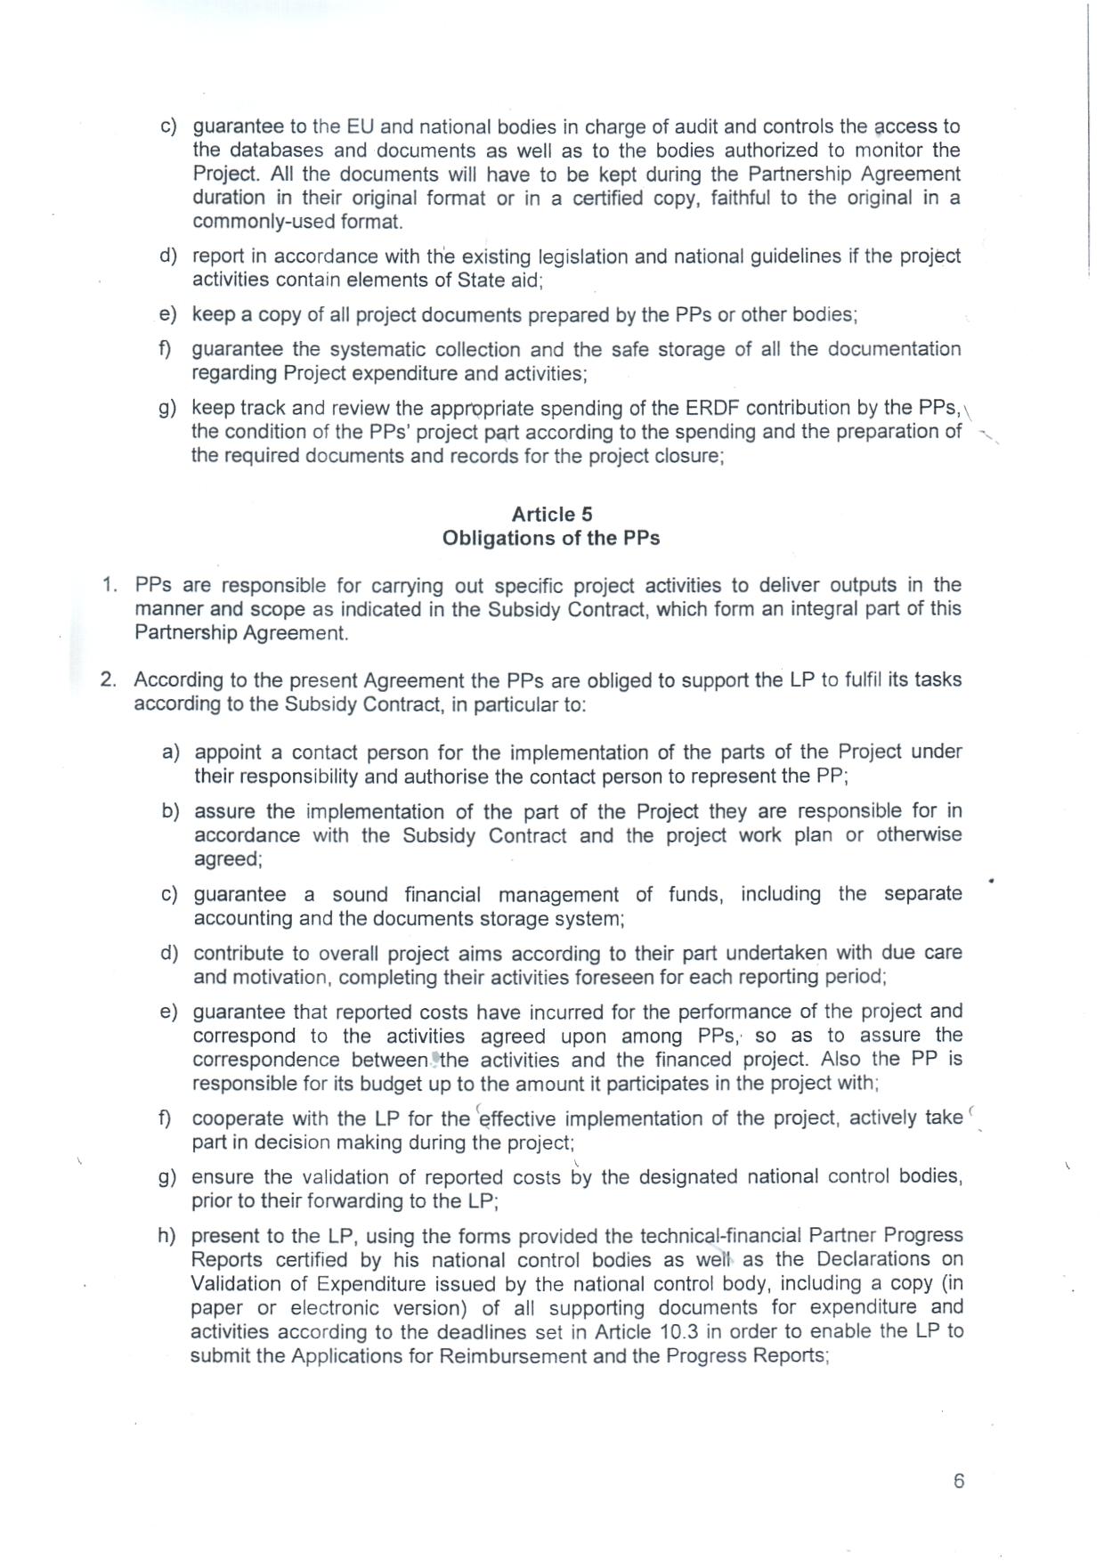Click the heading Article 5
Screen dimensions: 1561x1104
point(551,514)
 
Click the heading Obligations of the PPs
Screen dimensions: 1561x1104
point(551,538)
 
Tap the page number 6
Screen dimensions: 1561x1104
point(958,1481)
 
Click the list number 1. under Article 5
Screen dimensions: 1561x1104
point(110,585)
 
